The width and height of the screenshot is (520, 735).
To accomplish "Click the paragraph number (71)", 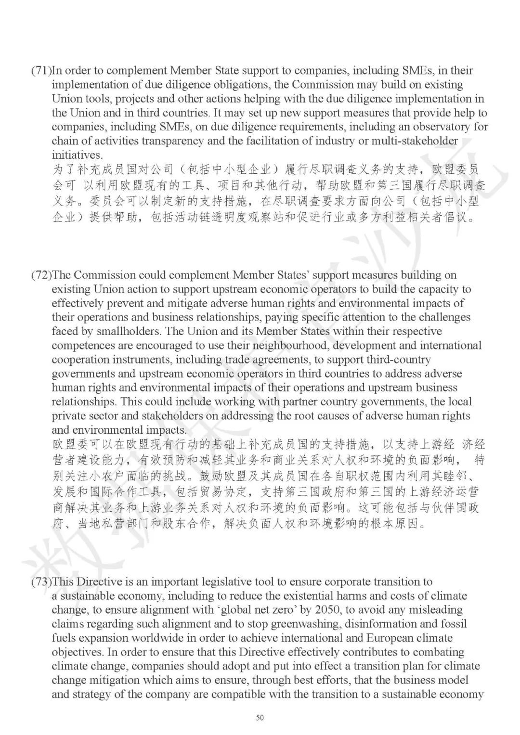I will (41, 71).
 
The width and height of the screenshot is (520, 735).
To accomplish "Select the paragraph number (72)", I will (41, 275).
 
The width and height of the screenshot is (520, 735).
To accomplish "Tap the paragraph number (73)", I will (41, 582).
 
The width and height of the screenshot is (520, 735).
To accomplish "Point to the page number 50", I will (260, 718).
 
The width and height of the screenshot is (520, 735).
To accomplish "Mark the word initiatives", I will (77, 155).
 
